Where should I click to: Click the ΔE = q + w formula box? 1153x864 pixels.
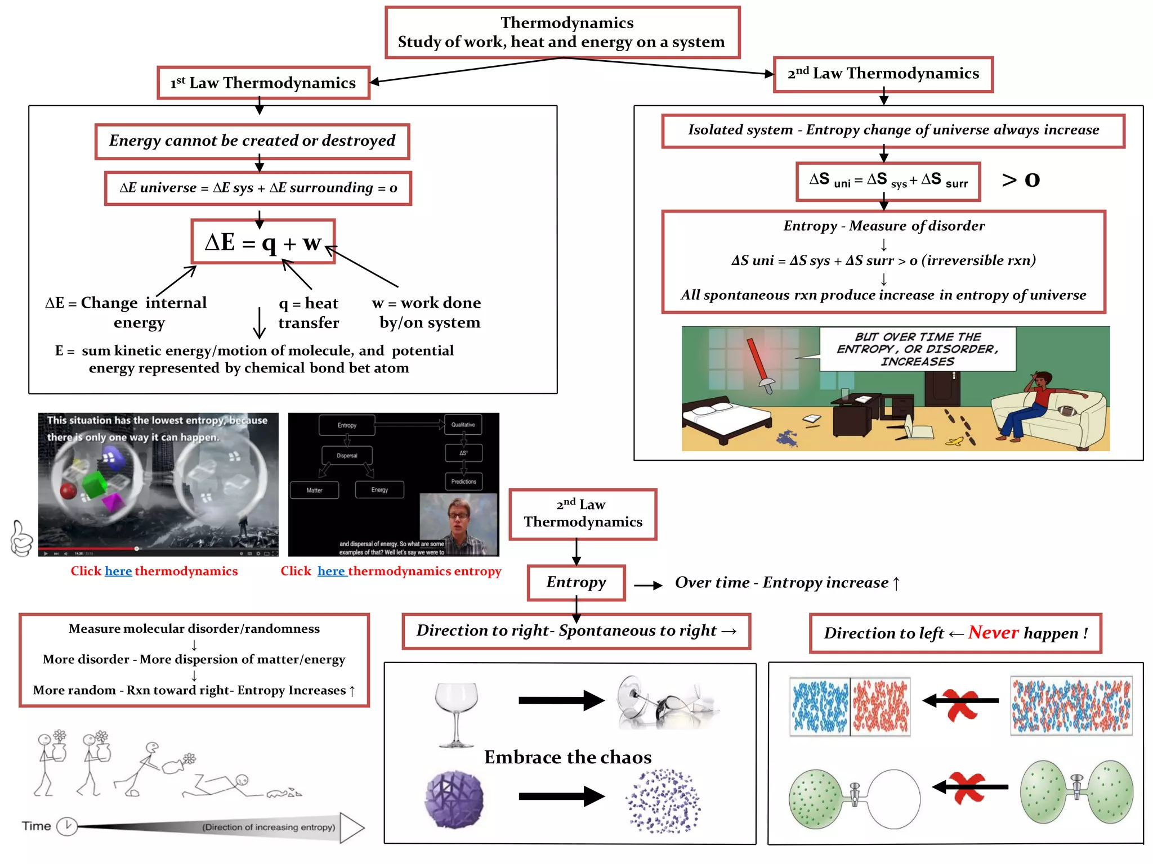tap(263, 242)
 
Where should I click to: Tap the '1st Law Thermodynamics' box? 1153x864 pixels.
tap(263, 83)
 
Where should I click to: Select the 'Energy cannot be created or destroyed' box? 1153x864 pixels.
tap(252, 141)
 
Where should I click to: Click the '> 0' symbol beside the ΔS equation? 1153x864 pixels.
tap(1020, 179)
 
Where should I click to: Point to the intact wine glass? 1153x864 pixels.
tap(456, 713)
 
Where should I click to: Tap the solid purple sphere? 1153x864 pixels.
tap(454, 799)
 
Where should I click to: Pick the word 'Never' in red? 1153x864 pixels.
tap(993, 633)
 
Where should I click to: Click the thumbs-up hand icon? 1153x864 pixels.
tap(21, 538)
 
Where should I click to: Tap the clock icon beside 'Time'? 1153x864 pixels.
tap(67, 826)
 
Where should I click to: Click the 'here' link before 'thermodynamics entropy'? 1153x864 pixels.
tap(331, 571)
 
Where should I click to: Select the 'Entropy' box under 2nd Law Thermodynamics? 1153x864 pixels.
tap(576, 582)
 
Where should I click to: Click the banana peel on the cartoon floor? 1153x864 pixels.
tap(954, 442)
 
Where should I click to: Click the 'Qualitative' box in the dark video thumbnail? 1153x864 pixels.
tap(463, 425)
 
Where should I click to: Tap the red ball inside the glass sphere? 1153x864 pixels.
tap(69, 490)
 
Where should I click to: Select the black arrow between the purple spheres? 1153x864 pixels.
tap(561, 796)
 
